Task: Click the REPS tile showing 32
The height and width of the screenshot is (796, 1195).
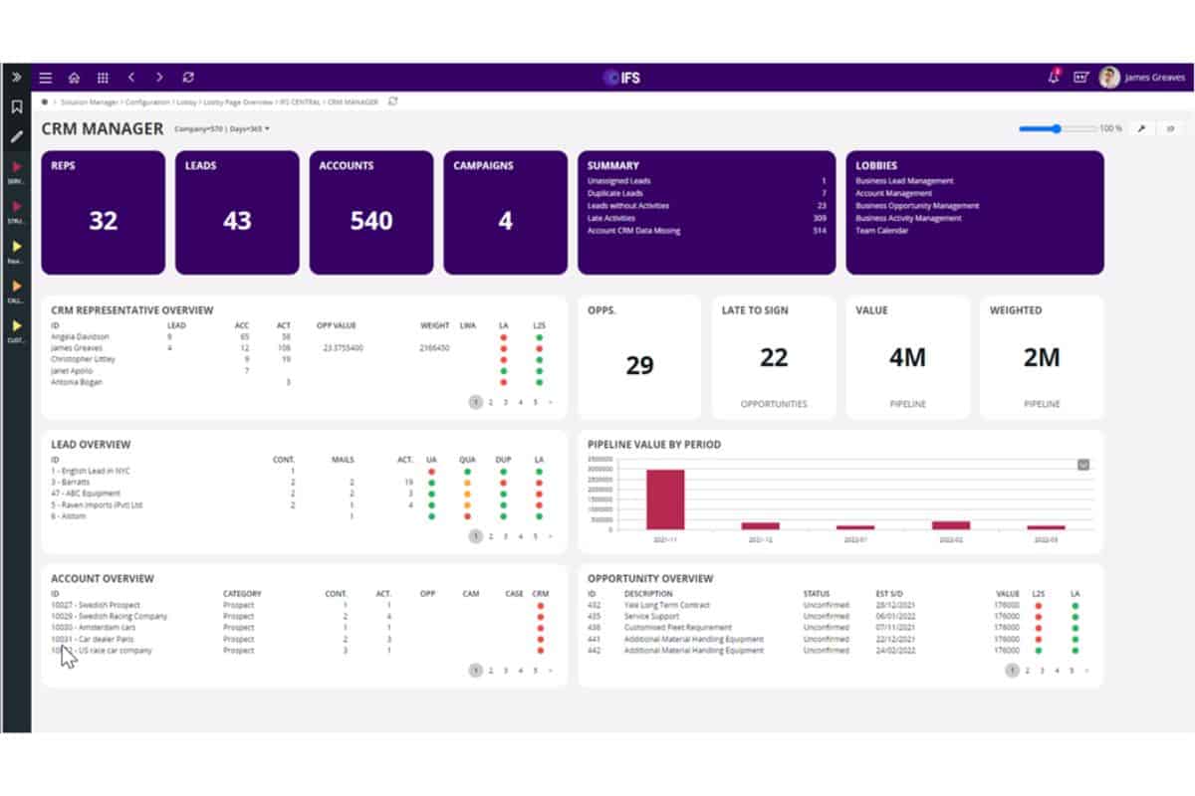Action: [103, 220]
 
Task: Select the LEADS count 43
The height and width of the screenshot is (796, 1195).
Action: [237, 220]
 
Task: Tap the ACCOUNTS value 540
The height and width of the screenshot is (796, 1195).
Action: [371, 220]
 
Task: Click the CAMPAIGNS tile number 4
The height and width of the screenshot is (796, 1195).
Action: [505, 220]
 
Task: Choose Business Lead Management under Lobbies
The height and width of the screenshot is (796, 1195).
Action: [904, 181]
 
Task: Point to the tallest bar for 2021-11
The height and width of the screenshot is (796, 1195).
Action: [665, 498]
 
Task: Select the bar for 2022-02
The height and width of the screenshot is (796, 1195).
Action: [950, 524]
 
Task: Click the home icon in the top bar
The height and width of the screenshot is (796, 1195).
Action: [74, 78]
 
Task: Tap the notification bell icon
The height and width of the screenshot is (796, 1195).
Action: [1053, 78]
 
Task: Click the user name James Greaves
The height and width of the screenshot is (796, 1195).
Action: [1154, 78]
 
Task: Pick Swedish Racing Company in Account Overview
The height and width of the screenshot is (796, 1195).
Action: [110, 616]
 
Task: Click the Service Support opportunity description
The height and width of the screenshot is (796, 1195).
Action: [651, 616]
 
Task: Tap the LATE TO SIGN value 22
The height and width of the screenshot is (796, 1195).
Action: [774, 357]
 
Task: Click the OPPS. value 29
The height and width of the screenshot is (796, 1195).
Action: [639, 365]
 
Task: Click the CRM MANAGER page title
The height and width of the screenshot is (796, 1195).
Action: [103, 128]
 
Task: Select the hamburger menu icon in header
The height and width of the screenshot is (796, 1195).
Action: [46, 78]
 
